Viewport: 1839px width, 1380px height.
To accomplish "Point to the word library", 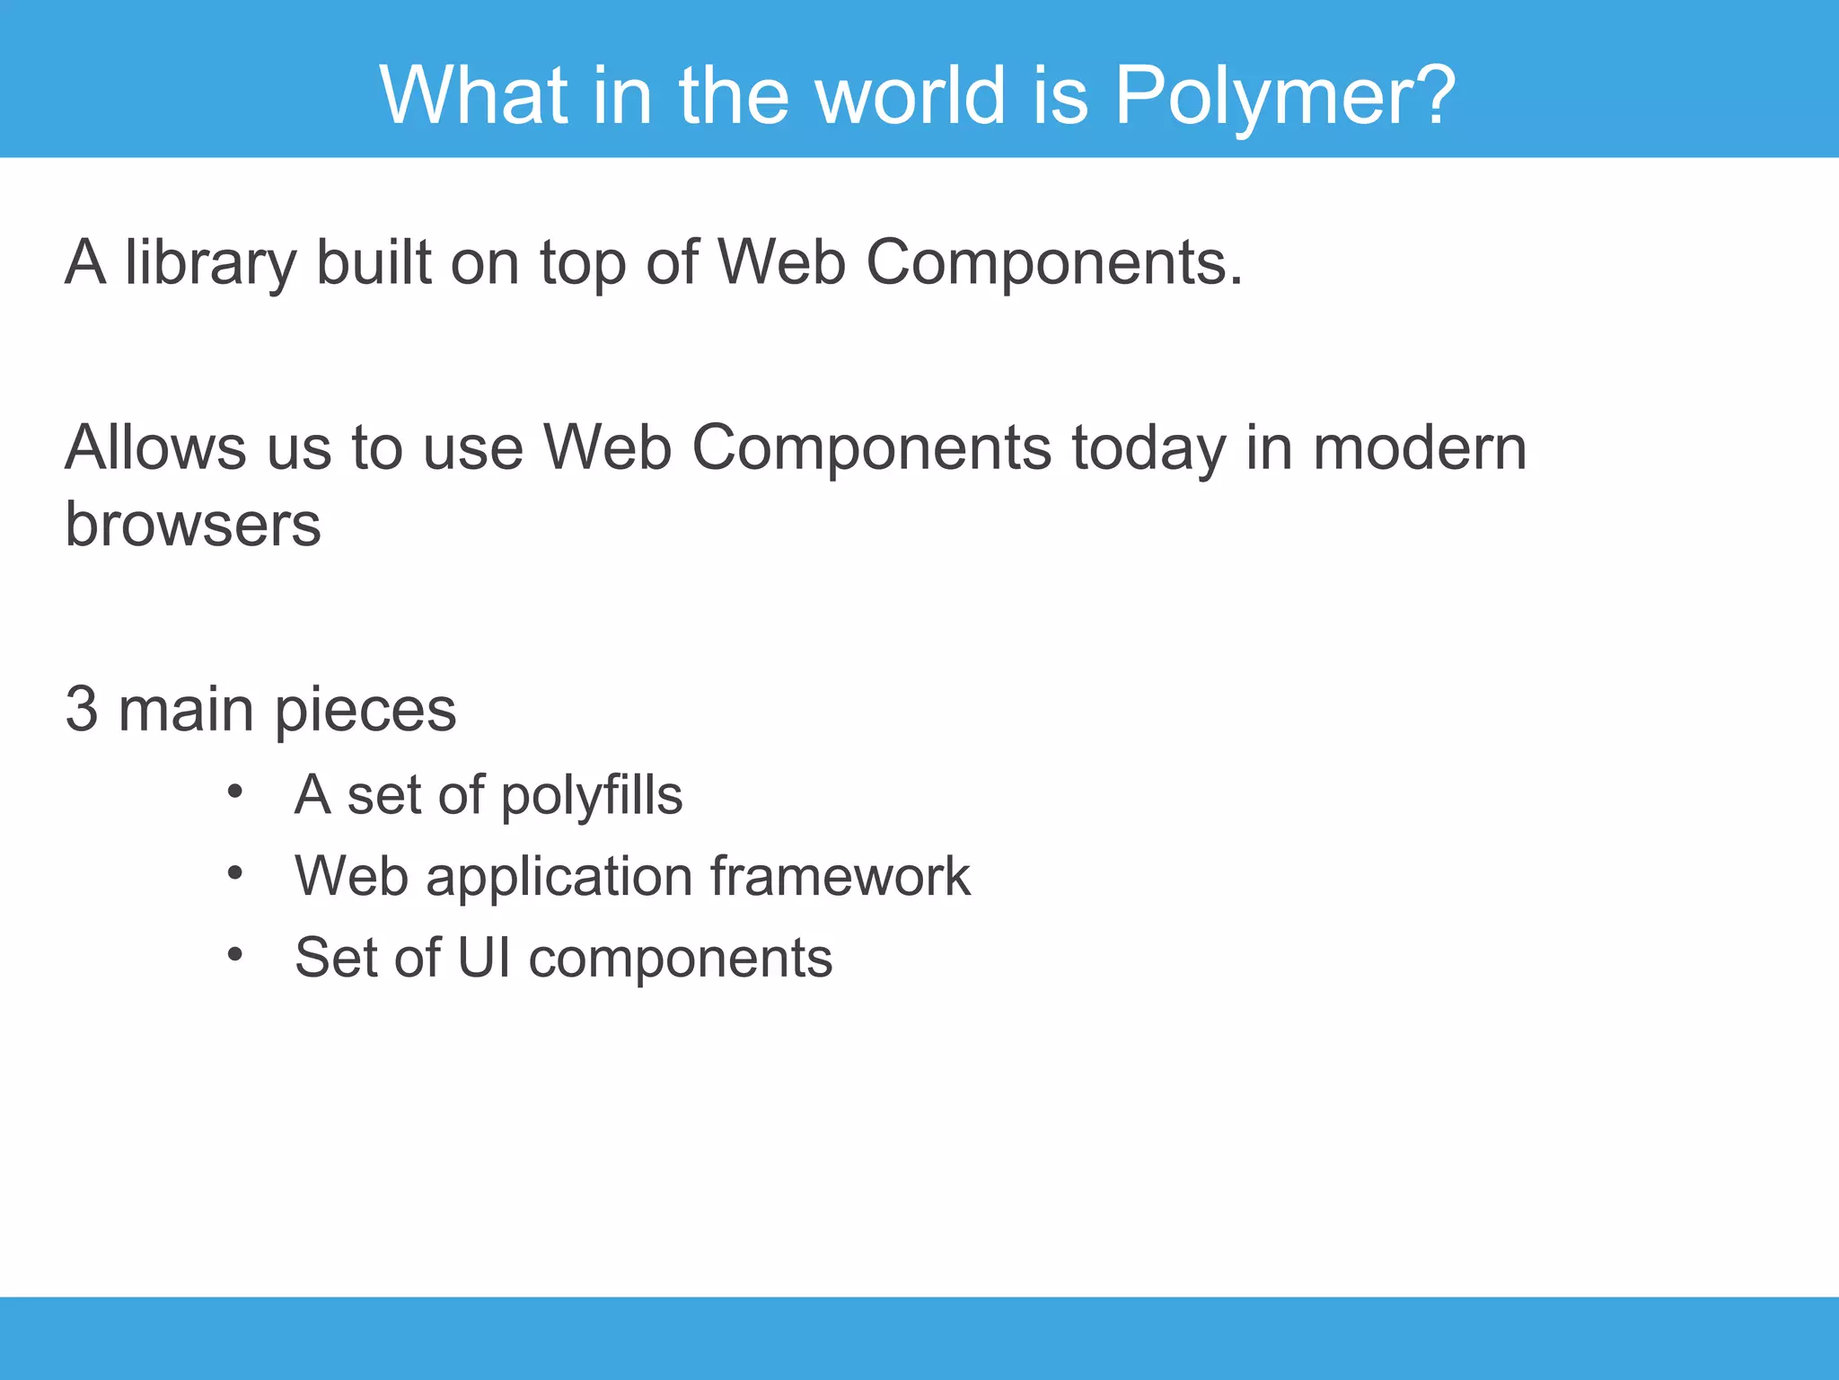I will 210,262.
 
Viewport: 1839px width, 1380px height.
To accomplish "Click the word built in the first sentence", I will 374,262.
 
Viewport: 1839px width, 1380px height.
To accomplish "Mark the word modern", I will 1420,447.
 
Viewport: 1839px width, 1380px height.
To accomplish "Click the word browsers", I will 193,524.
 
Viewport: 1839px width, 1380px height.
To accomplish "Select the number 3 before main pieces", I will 81,709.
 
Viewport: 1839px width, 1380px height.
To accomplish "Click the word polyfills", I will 591,795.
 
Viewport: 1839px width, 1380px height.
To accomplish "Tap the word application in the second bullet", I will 559,877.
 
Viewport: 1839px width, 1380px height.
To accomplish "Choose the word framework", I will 840,876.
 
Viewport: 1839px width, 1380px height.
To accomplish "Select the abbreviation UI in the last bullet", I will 484,957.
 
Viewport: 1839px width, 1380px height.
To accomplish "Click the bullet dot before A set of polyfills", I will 235,792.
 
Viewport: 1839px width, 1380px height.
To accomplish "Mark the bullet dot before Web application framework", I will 235,872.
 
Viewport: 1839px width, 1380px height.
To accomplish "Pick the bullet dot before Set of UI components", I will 235,953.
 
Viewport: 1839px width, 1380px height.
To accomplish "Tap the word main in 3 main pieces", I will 186,709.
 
